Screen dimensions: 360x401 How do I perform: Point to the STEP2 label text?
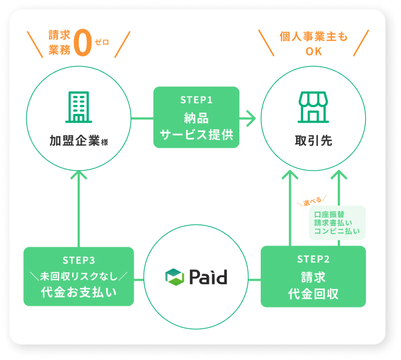pyautogui.click(x=313, y=259)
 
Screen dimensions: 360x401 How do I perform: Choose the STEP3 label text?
pyautogui.click(x=78, y=260)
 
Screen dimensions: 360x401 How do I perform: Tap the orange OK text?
pyautogui.click(x=313, y=51)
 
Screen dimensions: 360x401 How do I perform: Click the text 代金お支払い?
pyautogui.click(x=78, y=293)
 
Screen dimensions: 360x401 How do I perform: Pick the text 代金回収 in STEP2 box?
pyautogui.click(x=313, y=294)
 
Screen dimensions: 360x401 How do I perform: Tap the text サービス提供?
pyautogui.click(x=196, y=135)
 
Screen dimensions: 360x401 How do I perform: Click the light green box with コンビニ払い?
pyautogui.click(x=337, y=222)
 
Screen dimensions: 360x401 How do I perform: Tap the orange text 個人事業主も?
pyautogui.click(x=313, y=37)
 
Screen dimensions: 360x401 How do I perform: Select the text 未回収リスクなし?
pyautogui.click(x=78, y=276)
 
